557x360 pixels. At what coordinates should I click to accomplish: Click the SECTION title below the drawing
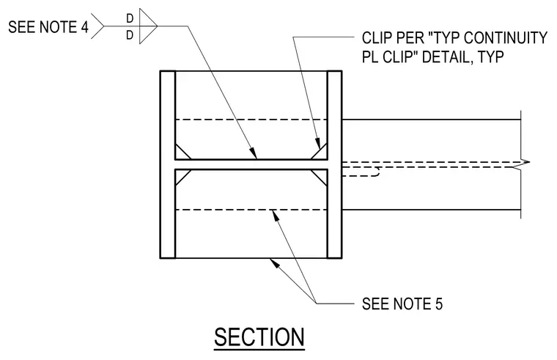pyautogui.click(x=259, y=337)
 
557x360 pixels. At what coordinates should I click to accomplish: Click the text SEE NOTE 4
pyautogui.click(x=48, y=27)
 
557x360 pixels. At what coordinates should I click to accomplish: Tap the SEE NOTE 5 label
pyautogui.click(x=402, y=304)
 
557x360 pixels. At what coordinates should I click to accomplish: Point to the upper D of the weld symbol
pyautogui.click(x=130, y=18)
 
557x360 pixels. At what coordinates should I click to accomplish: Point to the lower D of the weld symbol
pyautogui.click(x=130, y=35)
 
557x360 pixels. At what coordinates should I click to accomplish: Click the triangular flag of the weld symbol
pyautogui.click(x=148, y=26)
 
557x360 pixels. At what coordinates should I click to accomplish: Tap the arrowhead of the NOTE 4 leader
pyautogui.click(x=254, y=153)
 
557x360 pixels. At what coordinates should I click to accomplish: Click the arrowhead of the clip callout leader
pyautogui.click(x=318, y=143)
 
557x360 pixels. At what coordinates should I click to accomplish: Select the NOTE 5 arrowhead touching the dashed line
pyautogui.click(x=275, y=215)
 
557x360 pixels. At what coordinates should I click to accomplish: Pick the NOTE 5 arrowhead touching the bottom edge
pyautogui.click(x=274, y=262)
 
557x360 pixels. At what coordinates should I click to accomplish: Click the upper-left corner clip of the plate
pyautogui.click(x=183, y=151)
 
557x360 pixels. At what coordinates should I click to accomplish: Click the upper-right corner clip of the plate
pyautogui.click(x=319, y=151)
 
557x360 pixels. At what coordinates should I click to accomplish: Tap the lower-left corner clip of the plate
pyautogui.click(x=183, y=177)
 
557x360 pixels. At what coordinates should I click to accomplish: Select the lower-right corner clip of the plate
pyautogui.click(x=319, y=177)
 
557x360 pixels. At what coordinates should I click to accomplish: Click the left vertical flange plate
pyautogui.click(x=168, y=164)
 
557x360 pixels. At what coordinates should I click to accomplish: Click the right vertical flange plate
pyautogui.click(x=334, y=164)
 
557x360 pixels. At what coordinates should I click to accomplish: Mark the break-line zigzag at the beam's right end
pyautogui.click(x=523, y=163)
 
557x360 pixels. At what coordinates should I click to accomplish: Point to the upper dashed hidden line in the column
pyautogui.click(x=251, y=120)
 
